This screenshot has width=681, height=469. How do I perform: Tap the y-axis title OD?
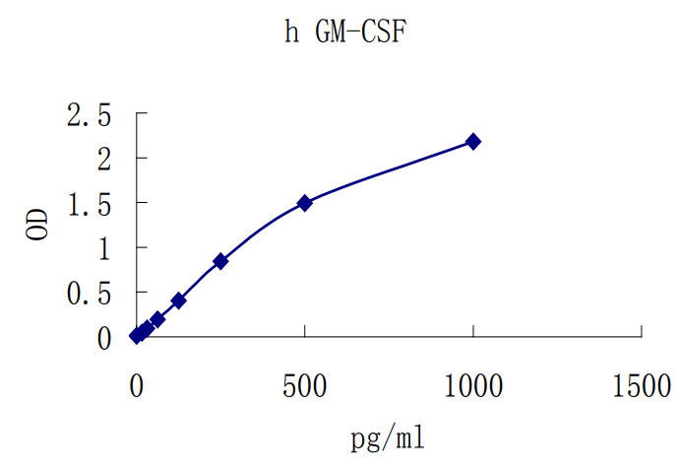[x=35, y=224]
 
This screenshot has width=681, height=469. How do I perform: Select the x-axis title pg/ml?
[x=389, y=436]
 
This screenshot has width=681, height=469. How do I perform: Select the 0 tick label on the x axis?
[x=137, y=386]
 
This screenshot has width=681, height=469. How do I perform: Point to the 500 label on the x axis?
[x=305, y=386]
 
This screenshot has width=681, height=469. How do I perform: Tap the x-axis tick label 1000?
[x=473, y=386]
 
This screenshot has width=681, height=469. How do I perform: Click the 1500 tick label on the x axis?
[x=642, y=386]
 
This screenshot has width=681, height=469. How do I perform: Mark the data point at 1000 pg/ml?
[x=473, y=142]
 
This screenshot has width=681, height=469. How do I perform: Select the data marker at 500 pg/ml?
[x=305, y=203]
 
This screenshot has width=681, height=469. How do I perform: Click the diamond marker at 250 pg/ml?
[x=220, y=261]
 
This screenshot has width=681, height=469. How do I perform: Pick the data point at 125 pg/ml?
[x=178, y=300]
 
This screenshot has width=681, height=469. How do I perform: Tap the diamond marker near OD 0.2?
[x=157, y=319]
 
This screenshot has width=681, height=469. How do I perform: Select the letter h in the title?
[x=291, y=33]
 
